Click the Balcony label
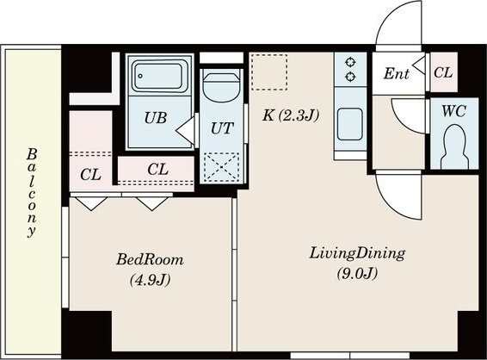click(32, 193)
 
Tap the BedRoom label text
click(150, 260)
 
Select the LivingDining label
click(357, 254)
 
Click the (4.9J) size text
click(150, 280)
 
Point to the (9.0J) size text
click(357, 274)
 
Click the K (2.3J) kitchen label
click(291, 115)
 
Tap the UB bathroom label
click(156, 117)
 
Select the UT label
click(221, 128)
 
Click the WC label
click(453, 111)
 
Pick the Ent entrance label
click(396, 74)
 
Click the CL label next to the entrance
click(443, 72)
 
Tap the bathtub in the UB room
click(157, 76)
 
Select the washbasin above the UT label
click(221, 88)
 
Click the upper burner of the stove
click(350, 62)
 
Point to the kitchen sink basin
click(350, 124)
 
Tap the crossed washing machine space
click(221, 167)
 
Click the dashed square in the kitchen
click(269, 72)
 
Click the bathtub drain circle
click(140, 76)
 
